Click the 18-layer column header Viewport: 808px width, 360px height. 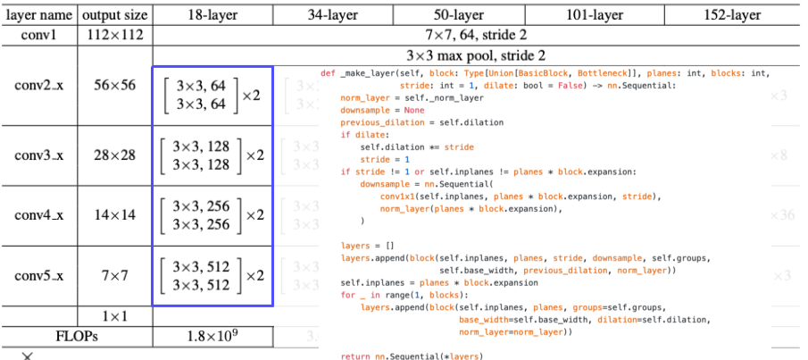[x=212, y=15]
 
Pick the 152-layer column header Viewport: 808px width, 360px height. [x=730, y=15]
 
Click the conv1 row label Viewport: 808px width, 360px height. [x=38, y=35]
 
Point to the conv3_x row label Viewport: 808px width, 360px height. [x=38, y=155]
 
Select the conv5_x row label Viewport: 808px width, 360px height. [x=38, y=275]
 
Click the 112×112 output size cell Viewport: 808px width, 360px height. [x=115, y=35]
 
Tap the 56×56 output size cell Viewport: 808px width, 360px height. [x=115, y=85]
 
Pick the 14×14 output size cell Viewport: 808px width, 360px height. [x=115, y=215]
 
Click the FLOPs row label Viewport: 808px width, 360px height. [x=76, y=336]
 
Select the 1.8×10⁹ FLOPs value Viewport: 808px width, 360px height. [x=212, y=336]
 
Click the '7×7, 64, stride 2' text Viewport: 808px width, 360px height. [x=480, y=36]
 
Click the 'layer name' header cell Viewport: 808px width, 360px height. [x=38, y=15]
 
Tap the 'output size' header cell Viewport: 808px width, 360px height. [x=115, y=15]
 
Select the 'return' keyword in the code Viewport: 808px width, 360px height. [x=355, y=356]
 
